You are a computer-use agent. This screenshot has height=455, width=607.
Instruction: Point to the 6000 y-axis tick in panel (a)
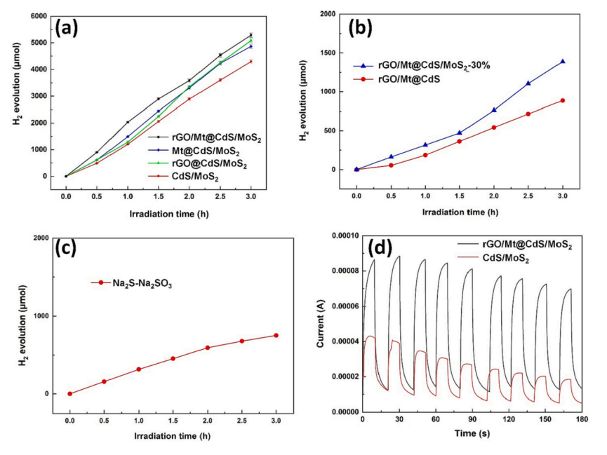(x=40, y=16)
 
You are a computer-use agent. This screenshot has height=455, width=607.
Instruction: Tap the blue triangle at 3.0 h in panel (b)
(x=563, y=62)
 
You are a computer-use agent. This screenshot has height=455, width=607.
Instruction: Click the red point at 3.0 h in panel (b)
(x=563, y=100)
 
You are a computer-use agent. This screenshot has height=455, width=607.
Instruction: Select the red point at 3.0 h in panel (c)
(x=276, y=335)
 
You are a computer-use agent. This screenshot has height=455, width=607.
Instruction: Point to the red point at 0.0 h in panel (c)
(x=69, y=393)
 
